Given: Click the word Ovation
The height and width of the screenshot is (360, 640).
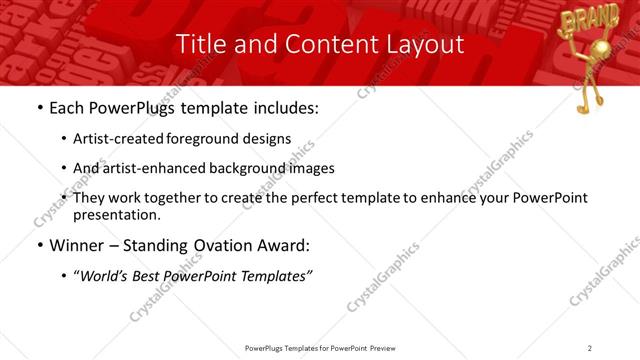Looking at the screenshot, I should pyautogui.click(x=222, y=246).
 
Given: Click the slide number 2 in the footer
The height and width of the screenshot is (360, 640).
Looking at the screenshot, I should pyautogui.click(x=589, y=347).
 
